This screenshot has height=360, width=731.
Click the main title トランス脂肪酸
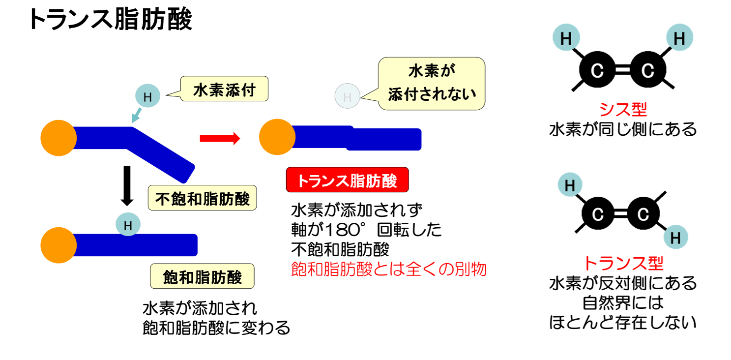[x=110, y=19]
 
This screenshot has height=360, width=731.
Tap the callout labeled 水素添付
[x=224, y=89]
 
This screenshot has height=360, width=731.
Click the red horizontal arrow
[x=220, y=138]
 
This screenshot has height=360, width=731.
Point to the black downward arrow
[x=127, y=186]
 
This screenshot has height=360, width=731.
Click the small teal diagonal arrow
[x=136, y=116]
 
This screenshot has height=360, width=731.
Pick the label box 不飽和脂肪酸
[x=203, y=198]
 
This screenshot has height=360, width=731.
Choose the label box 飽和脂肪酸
[x=203, y=276]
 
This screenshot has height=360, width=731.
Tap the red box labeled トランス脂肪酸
[x=347, y=180]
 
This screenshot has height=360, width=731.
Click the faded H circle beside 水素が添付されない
[x=347, y=96]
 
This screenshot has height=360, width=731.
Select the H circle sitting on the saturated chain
[x=128, y=225]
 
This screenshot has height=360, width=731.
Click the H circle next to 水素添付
[x=147, y=96]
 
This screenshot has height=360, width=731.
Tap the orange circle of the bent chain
[x=58, y=138]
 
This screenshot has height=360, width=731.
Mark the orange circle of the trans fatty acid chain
[x=277, y=137]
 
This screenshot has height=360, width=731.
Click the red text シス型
[x=623, y=109]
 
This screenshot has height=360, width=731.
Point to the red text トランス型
[x=623, y=263]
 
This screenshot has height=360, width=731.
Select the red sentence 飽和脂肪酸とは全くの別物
[x=388, y=270]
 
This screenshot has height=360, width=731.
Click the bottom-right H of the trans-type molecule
[x=676, y=237]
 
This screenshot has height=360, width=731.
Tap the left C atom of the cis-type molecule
[x=597, y=69]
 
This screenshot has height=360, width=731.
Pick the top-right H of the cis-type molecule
[x=679, y=37]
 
